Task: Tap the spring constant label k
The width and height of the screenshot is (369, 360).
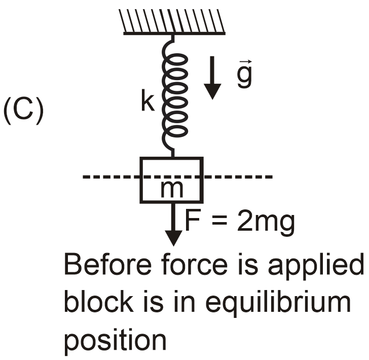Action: tap(147, 103)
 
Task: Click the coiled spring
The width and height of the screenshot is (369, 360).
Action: tap(174, 96)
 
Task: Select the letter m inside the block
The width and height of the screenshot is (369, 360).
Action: tap(171, 189)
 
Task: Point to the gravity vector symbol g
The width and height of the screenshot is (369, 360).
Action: tap(244, 75)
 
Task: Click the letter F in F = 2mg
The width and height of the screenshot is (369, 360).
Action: tap(191, 222)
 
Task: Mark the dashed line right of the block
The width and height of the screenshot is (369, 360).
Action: tap(238, 177)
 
